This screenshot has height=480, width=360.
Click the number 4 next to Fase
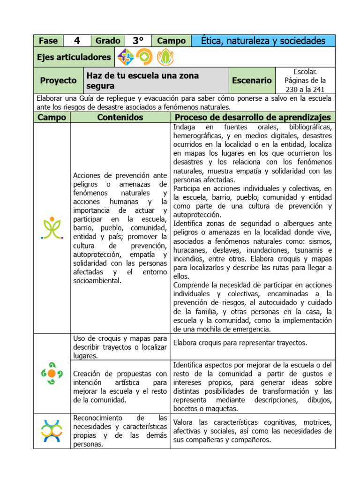77,41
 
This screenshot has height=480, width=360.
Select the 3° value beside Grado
138,41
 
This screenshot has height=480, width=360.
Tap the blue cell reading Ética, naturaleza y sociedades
263,41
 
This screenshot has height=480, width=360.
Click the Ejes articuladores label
74,57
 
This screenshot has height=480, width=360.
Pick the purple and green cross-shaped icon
125,57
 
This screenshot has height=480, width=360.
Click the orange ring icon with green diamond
144,57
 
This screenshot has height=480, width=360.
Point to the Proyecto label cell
58,81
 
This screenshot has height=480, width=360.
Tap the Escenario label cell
252,81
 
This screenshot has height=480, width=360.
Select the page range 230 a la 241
305,89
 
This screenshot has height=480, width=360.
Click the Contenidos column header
120,117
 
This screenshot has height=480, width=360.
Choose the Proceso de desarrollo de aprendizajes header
252,117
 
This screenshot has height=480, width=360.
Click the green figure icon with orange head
52,228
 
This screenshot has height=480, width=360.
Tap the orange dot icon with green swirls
52,374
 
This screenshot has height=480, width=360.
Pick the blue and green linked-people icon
52,431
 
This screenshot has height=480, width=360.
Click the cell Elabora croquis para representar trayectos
240,343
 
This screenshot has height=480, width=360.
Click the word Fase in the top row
48,41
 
